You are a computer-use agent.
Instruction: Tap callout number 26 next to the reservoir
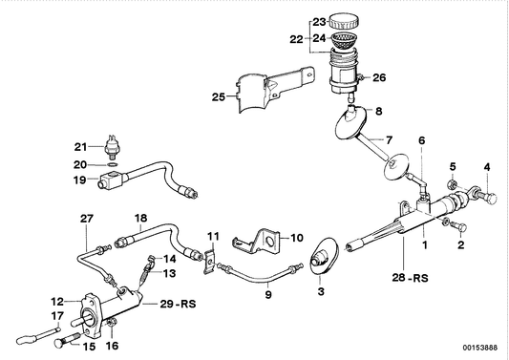click(x=379, y=77)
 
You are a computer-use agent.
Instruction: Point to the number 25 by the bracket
click(x=219, y=96)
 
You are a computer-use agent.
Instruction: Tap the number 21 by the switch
click(x=81, y=146)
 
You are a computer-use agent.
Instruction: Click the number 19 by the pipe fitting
click(x=81, y=178)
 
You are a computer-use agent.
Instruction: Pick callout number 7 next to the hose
click(x=388, y=138)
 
